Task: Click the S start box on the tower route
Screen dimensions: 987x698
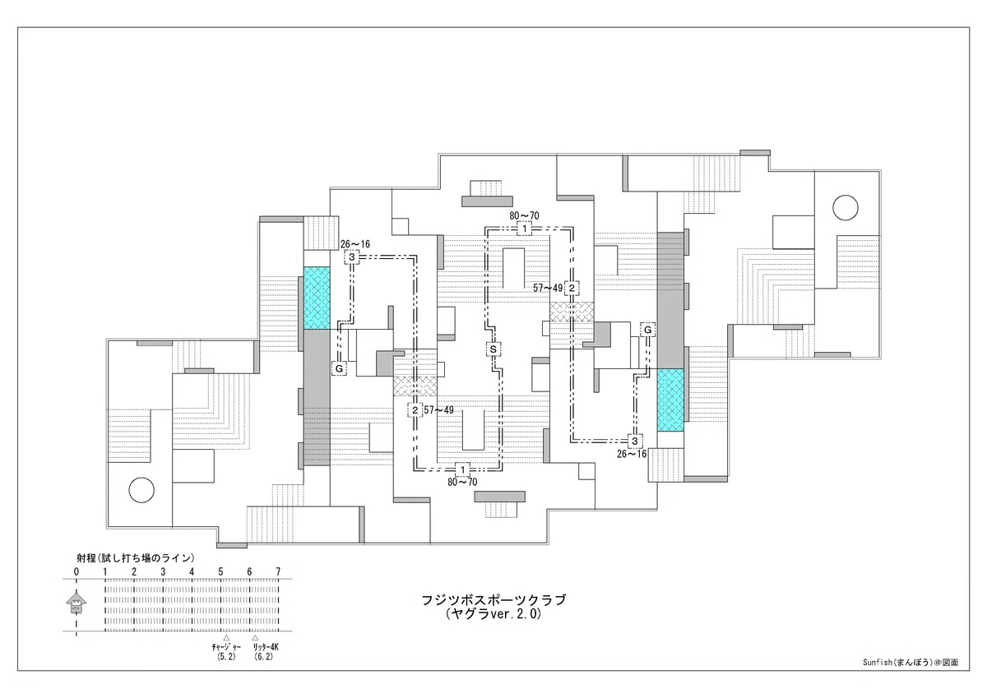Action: click(493, 349)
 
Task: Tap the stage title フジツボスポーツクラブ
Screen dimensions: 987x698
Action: click(493, 600)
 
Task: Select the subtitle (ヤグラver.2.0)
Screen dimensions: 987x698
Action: click(493, 614)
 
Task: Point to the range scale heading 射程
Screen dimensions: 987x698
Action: click(86, 558)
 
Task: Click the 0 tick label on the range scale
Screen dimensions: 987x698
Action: click(76, 572)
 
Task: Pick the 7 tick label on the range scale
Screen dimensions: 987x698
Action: click(278, 572)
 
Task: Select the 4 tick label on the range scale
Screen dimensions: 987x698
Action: click(192, 572)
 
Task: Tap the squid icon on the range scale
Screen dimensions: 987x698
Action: click(76, 603)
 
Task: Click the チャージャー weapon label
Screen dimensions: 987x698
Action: click(226, 647)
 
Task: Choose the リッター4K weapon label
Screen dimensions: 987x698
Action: click(265, 647)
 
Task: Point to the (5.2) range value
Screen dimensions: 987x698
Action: click(226, 657)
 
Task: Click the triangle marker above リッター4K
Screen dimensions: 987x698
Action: click(255, 637)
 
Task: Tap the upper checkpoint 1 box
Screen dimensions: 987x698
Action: click(525, 229)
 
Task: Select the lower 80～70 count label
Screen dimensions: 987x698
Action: click(462, 483)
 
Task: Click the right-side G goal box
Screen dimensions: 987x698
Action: click(648, 330)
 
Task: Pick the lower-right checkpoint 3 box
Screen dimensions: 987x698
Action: click(635, 441)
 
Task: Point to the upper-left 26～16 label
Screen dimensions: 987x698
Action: click(355, 244)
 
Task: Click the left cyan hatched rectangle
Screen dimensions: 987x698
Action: click(317, 298)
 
